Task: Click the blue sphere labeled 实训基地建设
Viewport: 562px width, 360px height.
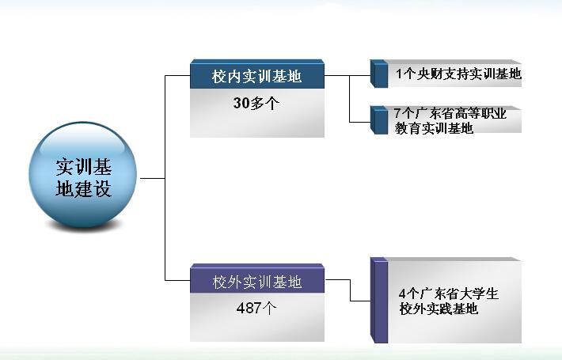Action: (x=83, y=175)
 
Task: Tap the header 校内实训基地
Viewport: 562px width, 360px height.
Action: (x=256, y=76)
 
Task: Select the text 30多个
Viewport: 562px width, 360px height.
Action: (x=256, y=103)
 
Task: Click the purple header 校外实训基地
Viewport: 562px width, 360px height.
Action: (x=257, y=282)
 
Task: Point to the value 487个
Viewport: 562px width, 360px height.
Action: (x=256, y=308)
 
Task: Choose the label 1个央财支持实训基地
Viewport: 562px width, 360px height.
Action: (x=458, y=74)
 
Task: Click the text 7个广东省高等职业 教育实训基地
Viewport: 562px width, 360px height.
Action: (x=450, y=121)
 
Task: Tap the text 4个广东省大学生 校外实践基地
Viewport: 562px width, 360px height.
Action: (x=448, y=301)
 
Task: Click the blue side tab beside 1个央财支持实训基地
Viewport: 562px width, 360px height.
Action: (x=379, y=74)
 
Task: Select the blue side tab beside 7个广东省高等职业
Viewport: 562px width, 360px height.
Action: (x=379, y=120)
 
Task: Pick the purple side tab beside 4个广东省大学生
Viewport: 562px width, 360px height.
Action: (x=379, y=300)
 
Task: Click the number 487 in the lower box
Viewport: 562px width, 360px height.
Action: (x=249, y=308)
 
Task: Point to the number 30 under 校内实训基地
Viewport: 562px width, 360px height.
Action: (x=241, y=103)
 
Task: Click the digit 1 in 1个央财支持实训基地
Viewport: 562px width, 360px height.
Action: (x=399, y=74)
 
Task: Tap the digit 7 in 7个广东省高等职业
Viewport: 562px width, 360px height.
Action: (x=397, y=113)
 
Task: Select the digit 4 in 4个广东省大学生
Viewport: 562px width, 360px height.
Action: (x=403, y=294)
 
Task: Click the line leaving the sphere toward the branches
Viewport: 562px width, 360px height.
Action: (x=152, y=178)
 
